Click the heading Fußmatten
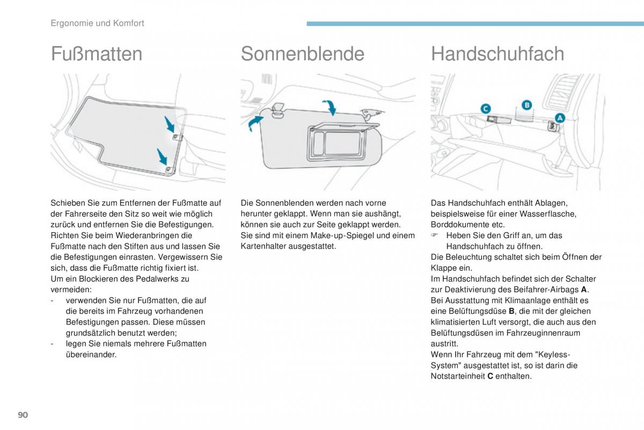tap(97, 54)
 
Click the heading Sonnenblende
tap(302, 54)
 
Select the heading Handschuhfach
tap(497, 54)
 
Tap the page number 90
tap(23, 415)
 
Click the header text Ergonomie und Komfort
tap(97, 23)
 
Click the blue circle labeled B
tap(527, 105)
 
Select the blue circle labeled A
tap(559, 117)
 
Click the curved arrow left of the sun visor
tap(255, 123)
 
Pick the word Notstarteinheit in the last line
tap(458, 376)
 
